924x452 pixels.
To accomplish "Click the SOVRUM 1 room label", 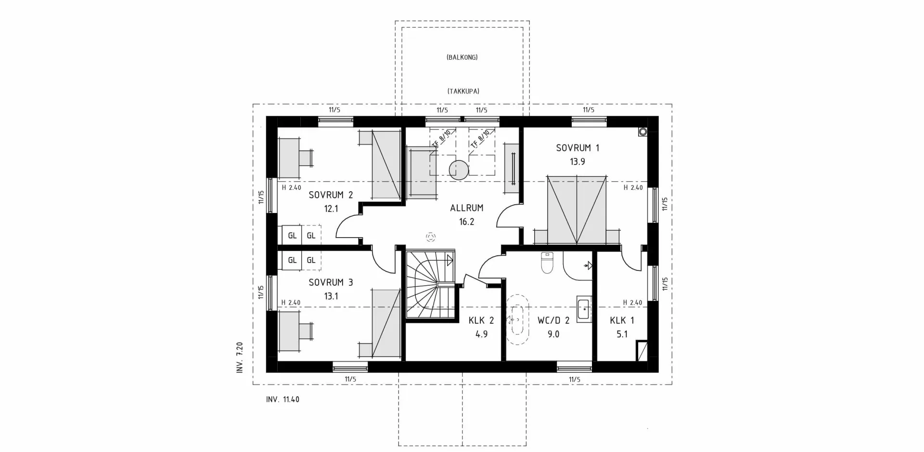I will click(577, 148).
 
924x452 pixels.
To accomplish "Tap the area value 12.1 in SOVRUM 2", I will click(331, 209).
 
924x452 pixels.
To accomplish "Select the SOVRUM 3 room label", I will click(331, 282).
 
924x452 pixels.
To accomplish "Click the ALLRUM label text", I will click(466, 208).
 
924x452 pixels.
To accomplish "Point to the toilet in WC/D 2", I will click(547, 263).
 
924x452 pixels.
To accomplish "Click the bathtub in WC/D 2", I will click(517, 319).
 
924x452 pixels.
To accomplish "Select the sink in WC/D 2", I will click(583, 308).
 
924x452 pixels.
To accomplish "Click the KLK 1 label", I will click(622, 320).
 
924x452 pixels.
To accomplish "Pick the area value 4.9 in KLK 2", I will click(481, 334).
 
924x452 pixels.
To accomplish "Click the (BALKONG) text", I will click(462, 57).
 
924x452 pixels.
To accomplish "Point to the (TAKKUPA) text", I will click(463, 91).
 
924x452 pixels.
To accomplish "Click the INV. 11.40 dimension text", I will click(282, 399).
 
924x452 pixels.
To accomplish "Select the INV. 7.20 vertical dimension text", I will click(240, 358).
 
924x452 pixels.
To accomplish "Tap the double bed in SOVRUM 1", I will click(577, 211).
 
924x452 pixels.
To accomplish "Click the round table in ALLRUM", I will click(458, 170).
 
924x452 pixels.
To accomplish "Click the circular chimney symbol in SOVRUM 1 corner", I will click(642, 132).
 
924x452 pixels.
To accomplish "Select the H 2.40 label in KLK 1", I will click(632, 303).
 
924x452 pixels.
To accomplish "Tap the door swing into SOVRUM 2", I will click(348, 227).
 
